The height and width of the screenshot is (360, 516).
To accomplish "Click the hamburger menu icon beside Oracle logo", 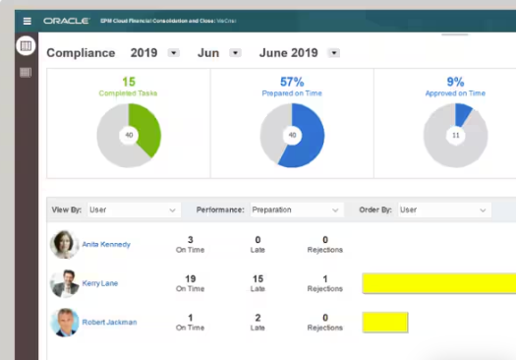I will point(27,20).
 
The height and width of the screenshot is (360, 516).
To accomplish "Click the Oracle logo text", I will point(62,20).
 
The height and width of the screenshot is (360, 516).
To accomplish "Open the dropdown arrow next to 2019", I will point(173,53).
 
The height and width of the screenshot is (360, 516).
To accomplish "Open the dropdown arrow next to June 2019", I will point(333,53).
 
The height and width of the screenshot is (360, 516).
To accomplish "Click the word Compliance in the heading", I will point(81,53).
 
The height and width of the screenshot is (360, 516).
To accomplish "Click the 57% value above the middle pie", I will point(292,82).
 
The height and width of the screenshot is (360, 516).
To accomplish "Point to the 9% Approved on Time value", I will point(455,82).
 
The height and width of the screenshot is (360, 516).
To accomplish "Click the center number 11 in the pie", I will point(455,136).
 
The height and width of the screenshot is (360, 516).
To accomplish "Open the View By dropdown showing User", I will point(133,210).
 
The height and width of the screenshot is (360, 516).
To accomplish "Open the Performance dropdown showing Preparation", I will point(296,210).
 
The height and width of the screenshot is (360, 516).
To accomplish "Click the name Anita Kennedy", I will point(107,244).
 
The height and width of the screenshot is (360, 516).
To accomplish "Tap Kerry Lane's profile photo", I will point(65,283).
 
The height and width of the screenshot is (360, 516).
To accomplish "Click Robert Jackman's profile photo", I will point(65,322).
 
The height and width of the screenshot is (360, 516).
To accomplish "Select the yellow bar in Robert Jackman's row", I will point(384,322).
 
